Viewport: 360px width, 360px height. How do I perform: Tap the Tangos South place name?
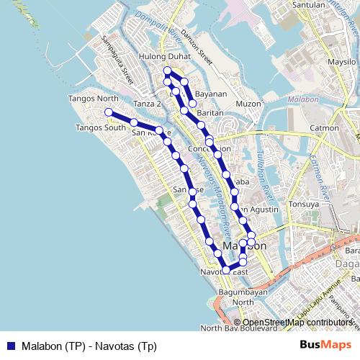coord(100,128)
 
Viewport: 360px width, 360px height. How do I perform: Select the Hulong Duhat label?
coord(167,56)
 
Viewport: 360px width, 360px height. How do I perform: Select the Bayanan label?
coord(211,94)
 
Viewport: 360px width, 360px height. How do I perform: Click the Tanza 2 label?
coord(147,104)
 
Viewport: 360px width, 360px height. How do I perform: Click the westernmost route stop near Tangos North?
coord(108,112)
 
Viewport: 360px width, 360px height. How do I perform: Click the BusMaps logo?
coord(325,344)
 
